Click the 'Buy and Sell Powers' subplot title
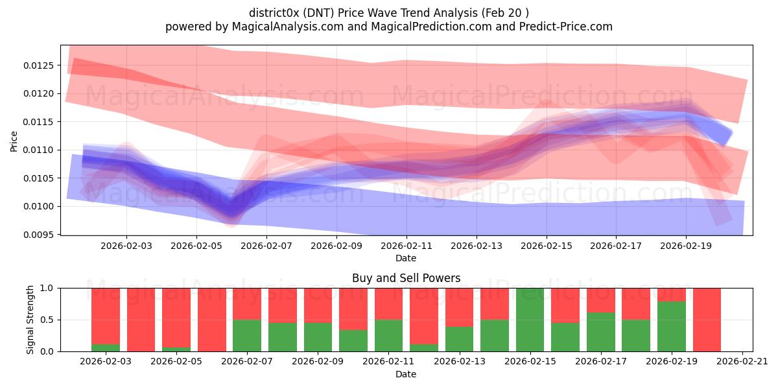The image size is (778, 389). pos(406,278)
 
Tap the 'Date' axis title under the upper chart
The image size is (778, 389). pos(406,258)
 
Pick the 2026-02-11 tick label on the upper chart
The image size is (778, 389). pos(407,246)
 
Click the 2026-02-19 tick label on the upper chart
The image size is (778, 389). pos(687,246)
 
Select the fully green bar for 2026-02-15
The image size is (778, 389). pos(530,320)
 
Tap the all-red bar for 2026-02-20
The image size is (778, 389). pos(707,320)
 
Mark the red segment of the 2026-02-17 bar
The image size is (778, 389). pos(600,300)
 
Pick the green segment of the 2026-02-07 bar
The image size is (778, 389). pos(247,336)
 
